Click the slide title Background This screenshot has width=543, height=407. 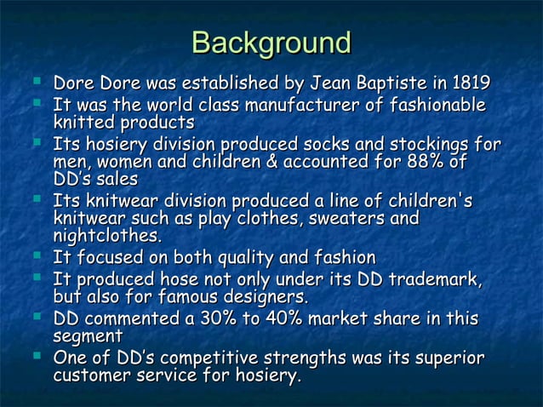[x=271, y=43]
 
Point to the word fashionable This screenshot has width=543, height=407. [x=435, y=106]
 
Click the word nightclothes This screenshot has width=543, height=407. [x=106, y=237]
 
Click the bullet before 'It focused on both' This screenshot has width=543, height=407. [x=37, y=255]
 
